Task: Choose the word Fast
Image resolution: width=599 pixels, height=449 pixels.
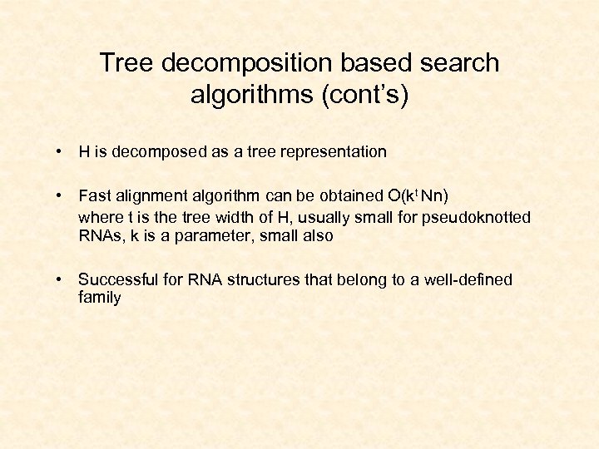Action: click(x=95, y=196)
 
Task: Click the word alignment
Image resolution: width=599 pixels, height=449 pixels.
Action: click(x=151, y=196)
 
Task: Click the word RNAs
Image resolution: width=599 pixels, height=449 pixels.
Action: click(x=99, y=236)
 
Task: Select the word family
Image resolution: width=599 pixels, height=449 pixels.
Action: click(x=99, y=298)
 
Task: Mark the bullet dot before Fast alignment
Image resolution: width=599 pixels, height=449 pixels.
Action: click(x=60, y=196)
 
